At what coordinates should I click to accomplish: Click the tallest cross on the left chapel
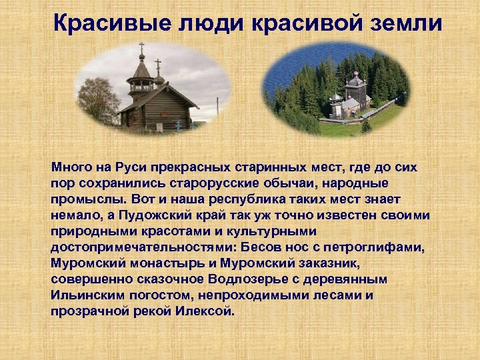[x=141, y=50]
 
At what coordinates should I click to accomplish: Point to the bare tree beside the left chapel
[x=97, y=100]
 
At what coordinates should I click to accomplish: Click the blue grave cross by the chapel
[x=178, y=124]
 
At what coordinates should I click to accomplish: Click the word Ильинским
[x=84, y=295]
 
